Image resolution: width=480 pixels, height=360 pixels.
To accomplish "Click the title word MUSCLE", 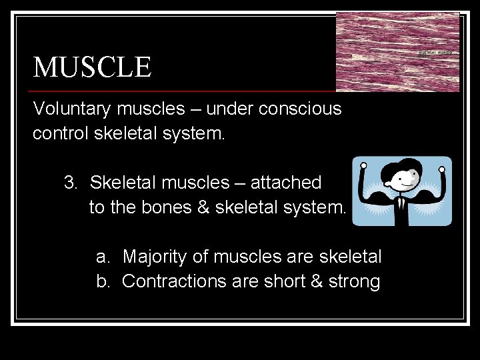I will click(x=93, y=67).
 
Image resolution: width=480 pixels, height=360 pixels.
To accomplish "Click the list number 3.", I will click(x=70, y=182).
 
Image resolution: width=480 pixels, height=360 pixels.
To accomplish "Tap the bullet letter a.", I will click(x=103, y=257).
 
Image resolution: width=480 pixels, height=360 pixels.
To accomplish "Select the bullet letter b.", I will click(x=103, y=281).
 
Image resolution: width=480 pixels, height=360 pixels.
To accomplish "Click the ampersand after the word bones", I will click(x=203, y=207).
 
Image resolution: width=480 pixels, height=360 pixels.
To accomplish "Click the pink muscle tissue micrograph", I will click(x=397, y=52).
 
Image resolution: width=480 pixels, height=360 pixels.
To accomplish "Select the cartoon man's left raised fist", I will click(x=364, y=165).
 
